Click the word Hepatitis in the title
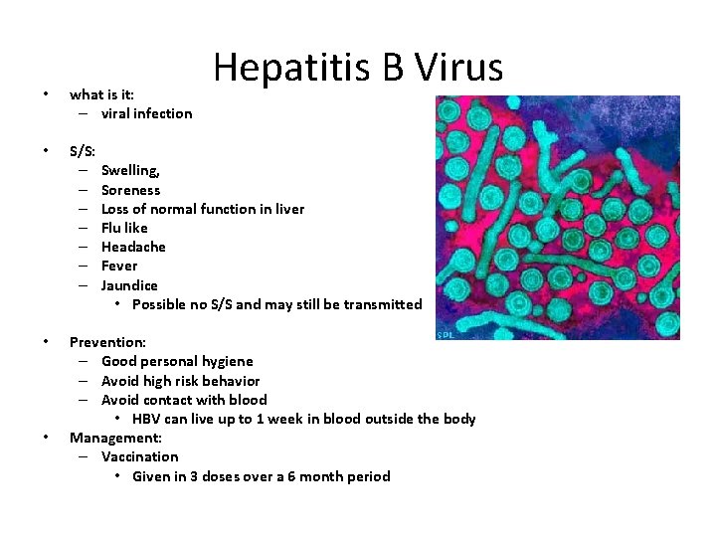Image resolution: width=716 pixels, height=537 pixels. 288,68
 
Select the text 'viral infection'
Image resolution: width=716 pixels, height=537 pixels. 147,113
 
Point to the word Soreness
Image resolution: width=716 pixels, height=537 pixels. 130,190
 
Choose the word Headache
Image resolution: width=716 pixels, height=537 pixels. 133,247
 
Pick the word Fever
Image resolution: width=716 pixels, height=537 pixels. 119,266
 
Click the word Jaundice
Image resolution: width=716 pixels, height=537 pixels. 129,285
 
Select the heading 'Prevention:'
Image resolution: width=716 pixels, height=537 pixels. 107,342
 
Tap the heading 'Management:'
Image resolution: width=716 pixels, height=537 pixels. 115,438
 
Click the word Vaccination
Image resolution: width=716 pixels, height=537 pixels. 140,456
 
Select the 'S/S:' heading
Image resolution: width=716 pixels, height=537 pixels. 83,152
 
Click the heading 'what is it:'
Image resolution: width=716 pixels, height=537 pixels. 101,94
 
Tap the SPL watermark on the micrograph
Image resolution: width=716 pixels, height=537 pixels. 445,334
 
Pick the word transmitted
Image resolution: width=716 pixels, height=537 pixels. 382,304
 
